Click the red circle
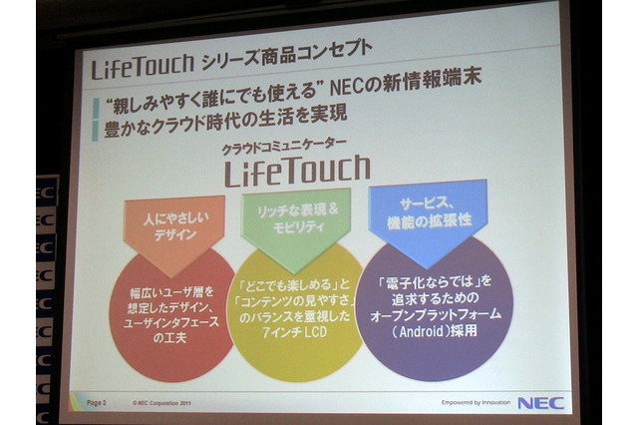(170, 310)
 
